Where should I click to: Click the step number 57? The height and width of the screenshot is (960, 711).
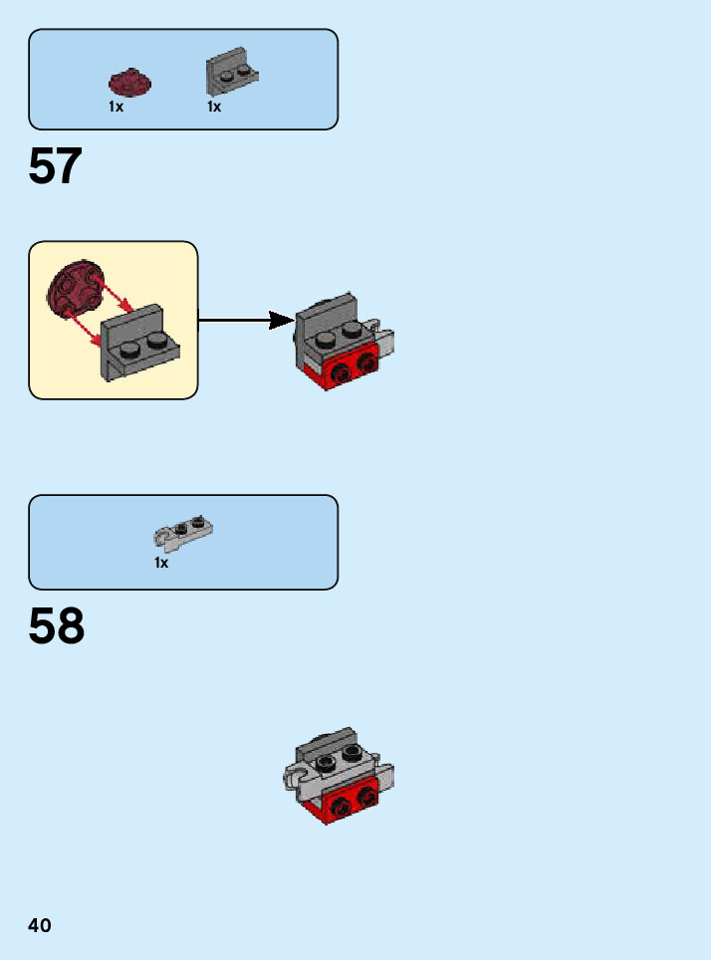(x=55, y=167)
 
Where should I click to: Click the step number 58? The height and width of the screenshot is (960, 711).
(x=57, y=627)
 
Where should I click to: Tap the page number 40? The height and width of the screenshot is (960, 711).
(x=40, y=926)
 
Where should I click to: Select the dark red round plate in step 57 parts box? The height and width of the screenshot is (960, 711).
(x=126, y=82)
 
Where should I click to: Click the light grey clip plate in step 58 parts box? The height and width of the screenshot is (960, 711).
(x=184, y=533)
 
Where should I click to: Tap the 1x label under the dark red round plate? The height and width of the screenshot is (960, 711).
(x=117, y=107)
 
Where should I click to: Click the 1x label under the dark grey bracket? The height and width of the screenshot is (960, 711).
(x=214, y=107)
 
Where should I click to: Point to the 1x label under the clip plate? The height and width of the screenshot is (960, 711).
(x=161, y=564)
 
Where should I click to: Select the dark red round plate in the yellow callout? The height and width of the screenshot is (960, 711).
(x=74, y=290)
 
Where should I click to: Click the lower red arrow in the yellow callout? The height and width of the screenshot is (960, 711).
(x=85, y=328)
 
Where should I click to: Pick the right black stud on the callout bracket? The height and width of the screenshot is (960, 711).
(x=155, y=340)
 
